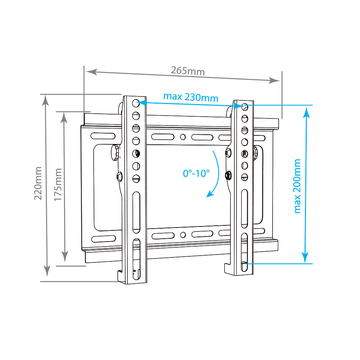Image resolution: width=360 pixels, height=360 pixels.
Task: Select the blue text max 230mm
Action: click(x=191, y=97)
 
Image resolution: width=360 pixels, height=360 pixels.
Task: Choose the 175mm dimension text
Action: click(x=59, y=184)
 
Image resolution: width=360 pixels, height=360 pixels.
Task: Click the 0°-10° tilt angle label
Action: click(x=196, y=173)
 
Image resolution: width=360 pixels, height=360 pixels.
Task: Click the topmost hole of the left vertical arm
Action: click(x=136, y=103)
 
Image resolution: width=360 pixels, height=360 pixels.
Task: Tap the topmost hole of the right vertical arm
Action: click(x=244, y=107)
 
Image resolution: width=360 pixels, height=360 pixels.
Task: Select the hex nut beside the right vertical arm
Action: click(x=228, y=175)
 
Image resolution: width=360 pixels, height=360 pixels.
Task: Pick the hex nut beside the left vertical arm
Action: click(x=119, y=176)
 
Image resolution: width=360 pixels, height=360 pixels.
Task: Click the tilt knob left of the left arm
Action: click(x=114, y=152)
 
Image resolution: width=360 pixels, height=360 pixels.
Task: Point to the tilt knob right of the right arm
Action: click(x=256, y=153)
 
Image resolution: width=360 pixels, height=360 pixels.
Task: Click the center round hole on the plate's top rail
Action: click(x=183, y=137)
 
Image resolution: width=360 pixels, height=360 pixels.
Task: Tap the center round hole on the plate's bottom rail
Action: click(x=183, y=235)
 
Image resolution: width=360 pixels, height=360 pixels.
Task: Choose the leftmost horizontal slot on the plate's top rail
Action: click(x=103, y=136)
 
